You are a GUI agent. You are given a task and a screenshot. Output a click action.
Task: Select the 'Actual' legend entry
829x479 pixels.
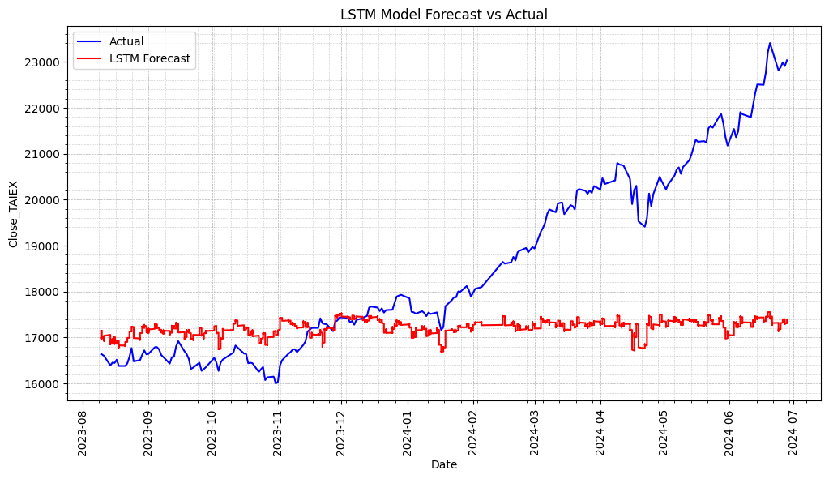coord(126,41)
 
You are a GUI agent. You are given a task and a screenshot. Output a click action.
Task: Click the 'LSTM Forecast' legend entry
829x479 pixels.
coord(150,58)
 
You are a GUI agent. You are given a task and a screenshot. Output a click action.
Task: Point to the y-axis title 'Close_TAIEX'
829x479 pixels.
coord(13,214)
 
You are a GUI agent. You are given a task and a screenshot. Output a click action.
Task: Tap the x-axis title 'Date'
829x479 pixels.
coord(443,464)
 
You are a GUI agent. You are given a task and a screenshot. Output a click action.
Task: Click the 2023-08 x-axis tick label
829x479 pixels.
coord(82,430)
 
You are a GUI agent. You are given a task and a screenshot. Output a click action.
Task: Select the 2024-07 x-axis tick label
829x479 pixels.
coord(792,430)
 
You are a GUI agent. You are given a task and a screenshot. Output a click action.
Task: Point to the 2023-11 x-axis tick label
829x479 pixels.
coord(278,430)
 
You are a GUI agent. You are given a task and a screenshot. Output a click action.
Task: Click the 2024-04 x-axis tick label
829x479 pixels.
coord(600,430)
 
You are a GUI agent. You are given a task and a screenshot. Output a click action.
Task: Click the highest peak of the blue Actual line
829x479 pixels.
coord(770,43)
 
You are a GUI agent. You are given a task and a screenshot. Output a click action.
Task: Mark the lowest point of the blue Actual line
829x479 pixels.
coord(276,383)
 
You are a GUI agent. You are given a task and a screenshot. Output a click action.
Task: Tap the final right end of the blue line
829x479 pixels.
coord(787,60)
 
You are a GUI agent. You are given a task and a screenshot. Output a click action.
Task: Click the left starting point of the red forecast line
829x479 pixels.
coord(101,331)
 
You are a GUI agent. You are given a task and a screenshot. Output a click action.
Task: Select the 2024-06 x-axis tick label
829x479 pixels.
coord(728,430)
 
